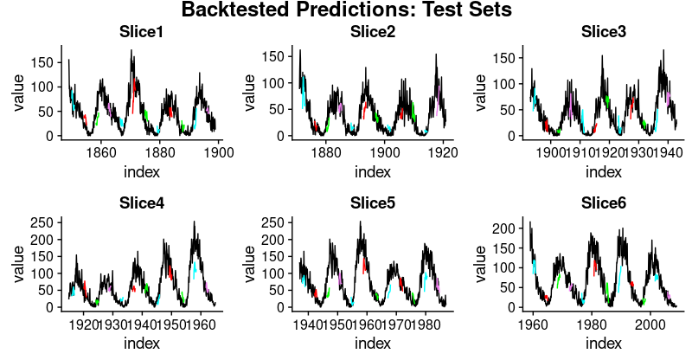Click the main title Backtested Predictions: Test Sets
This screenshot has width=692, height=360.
[346, 10]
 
